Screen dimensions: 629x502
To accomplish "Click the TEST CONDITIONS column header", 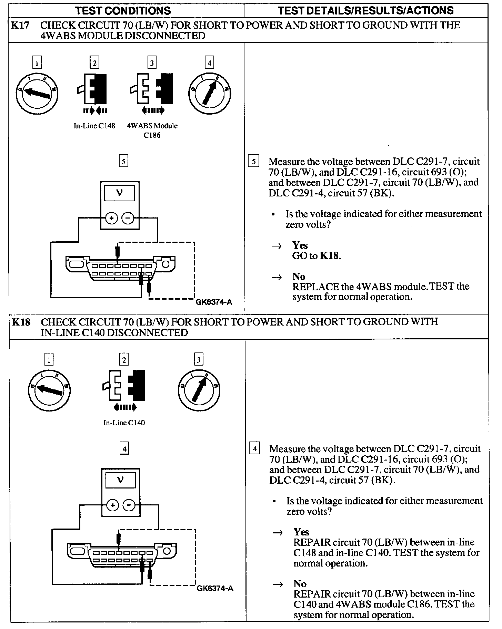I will (x=123, y=10).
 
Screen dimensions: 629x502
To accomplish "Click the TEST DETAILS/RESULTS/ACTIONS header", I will (x=365, y=10).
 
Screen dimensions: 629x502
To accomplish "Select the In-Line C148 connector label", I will (x=94, y=126).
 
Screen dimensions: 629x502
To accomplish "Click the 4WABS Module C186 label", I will (x=152, y=130).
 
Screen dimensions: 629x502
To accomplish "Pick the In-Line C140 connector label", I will (x=124, y=423).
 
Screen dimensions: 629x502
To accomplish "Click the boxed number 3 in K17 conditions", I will (x=152, y=63).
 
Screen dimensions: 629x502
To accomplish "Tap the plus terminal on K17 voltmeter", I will (x=111, y=218).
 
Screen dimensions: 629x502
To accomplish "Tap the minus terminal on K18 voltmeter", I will (x=129, y=505).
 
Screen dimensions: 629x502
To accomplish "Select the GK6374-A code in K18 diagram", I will (x=215, y=588).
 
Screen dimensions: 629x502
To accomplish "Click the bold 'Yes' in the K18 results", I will (x=301, y=532).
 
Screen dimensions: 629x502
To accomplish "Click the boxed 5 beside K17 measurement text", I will (x=253, y=161).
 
